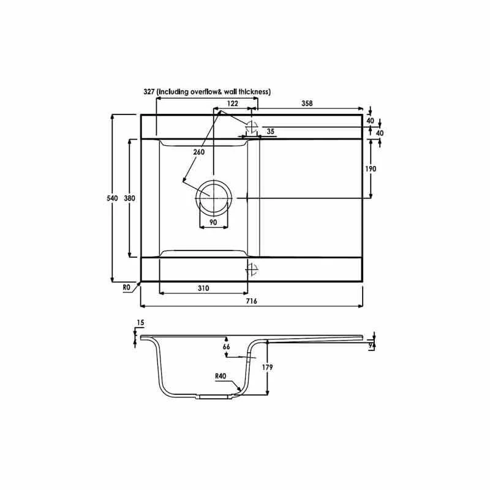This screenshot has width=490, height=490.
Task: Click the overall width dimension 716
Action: tap(251, 301)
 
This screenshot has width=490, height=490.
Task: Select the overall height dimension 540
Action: tap(113, 198)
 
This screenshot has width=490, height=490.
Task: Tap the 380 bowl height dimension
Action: tap(129, 198)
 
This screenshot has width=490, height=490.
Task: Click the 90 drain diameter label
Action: tap(214, 222)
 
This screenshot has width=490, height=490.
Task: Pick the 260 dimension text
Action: tap(197, 152)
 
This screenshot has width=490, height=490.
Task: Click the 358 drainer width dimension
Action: tap(307, 104)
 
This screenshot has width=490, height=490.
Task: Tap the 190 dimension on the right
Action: tap(371, 168)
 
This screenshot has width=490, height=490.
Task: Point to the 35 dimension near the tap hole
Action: tap(270, 131)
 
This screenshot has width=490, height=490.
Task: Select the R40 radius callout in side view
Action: tap(221, 376)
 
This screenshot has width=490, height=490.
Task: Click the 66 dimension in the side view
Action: tap(226, 347)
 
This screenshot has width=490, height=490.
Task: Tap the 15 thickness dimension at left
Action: tap(140, 323)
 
